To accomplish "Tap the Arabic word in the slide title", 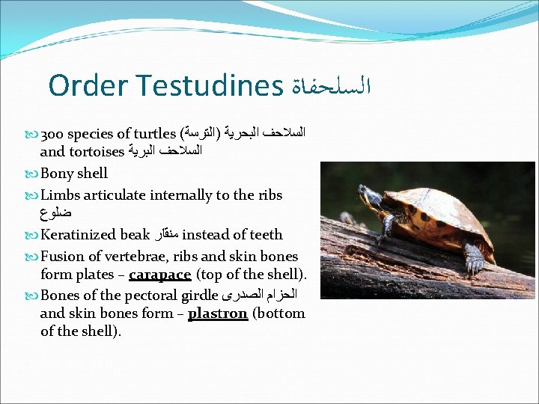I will [329, 86].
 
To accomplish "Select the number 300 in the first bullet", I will [52, 135].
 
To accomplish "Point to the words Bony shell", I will [74, 174].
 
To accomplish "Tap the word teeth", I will [267, 235].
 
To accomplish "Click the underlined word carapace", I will [159, 275].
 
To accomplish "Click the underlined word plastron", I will [217, 313].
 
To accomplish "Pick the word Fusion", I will [62, 256].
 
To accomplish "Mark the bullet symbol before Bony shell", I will [31, 174].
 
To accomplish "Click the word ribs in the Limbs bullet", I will [268, 195].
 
